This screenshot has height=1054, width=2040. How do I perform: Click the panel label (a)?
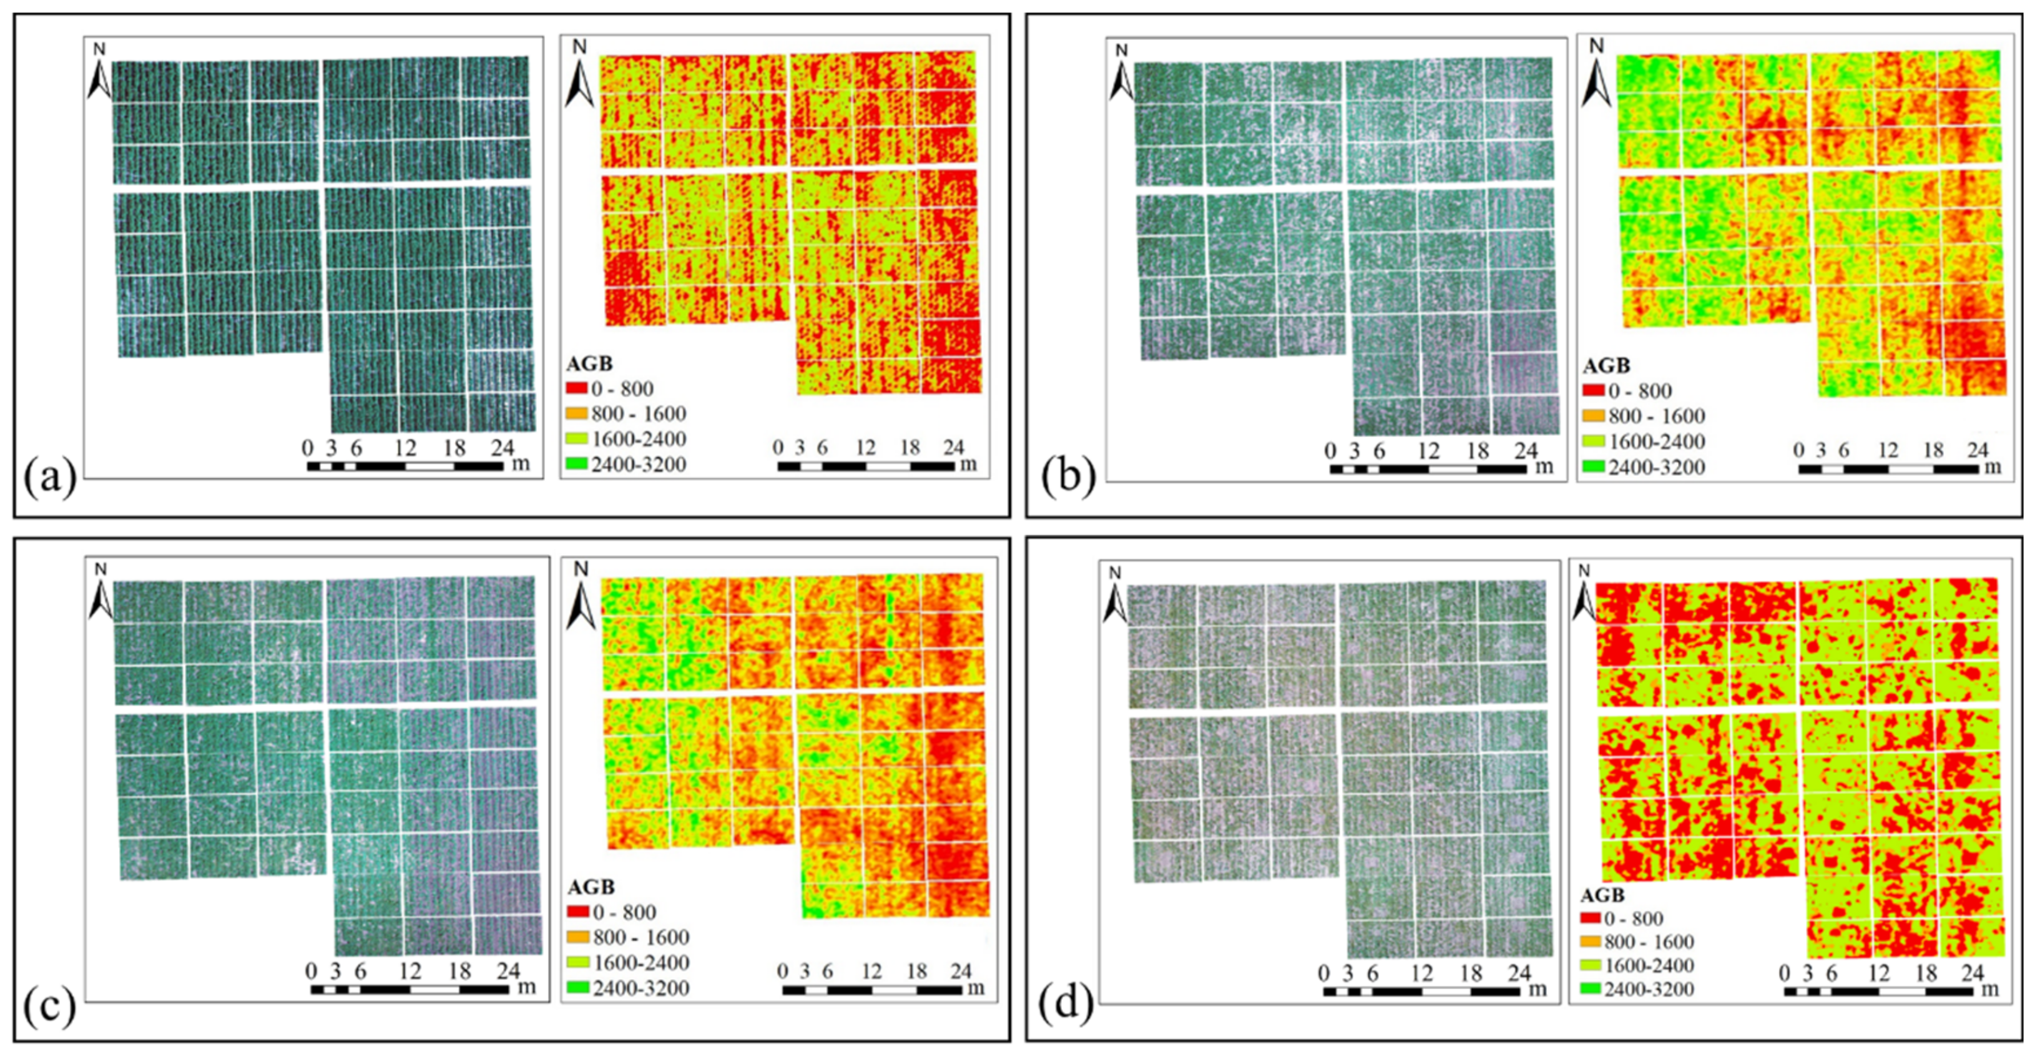tap(50, 478)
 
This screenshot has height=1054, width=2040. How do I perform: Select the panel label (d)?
tap(1066, 1003)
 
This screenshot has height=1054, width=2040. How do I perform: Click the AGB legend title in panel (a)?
tap(589, 363)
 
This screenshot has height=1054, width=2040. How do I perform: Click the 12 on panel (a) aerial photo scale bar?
tap(405, 448)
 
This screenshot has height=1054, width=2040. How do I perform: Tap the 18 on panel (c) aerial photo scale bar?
tap(459, 971)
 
